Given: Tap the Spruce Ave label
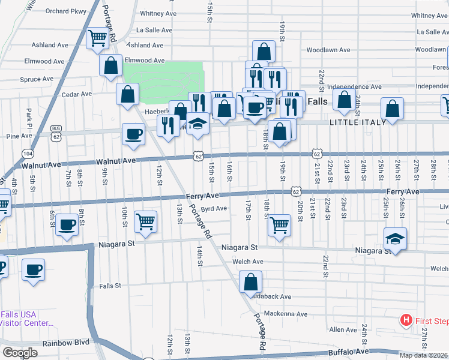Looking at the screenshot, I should (37, 79).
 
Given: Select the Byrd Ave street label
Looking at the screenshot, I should (214, 209).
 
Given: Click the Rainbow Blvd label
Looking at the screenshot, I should (65, 343).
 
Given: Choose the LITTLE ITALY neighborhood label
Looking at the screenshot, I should (355, 122).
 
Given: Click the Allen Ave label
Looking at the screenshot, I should (343, 329).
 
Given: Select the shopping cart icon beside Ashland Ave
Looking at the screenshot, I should (97, 38).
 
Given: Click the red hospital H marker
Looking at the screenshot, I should (406, 320).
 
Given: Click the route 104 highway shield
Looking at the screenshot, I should (28, 154).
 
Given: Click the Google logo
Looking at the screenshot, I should (19, 353).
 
